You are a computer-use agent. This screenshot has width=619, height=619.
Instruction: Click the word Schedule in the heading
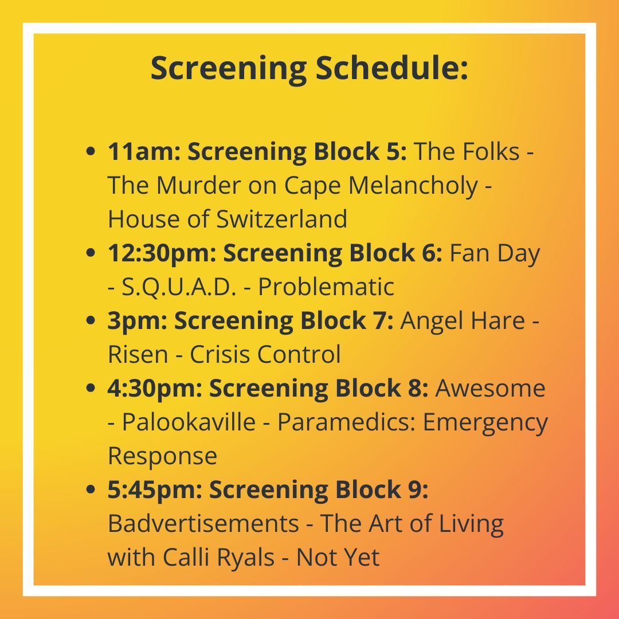pyautogui.click(x=392, y=68)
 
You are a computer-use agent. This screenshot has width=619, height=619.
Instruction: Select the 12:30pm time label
pyautogui.click(x=160, y=253)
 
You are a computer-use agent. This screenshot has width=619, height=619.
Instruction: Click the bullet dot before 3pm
pyautogui.click(x=90, y=322)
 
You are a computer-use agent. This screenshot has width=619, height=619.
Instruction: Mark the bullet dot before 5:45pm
pyautogui.click(x=90, y=491)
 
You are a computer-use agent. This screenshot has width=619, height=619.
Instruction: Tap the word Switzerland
pyautogui.click(x=282, y=220)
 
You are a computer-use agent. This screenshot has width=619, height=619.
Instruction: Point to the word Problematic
pyautogui.click(x=326, y=287)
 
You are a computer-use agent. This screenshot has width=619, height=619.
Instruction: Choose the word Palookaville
pyautogui.click(x=189, y=422)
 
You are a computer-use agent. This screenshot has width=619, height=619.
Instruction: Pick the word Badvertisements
pyautogui.click(x=203, y=524)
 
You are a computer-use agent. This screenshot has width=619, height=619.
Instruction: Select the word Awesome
pyautogui.click(x=491, y=389)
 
